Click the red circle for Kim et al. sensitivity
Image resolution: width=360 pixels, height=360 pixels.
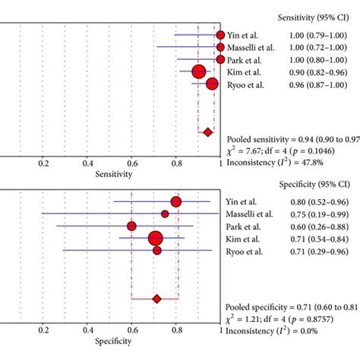(199, 71)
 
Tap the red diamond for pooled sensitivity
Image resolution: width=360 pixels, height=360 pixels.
(207, 132)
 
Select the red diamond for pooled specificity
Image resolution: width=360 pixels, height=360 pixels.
(157, 299)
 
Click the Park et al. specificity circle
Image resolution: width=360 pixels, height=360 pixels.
(131, 226)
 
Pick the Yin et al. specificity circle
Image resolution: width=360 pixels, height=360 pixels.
(176, 201)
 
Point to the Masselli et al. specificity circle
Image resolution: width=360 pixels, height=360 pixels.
(165, 213)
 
